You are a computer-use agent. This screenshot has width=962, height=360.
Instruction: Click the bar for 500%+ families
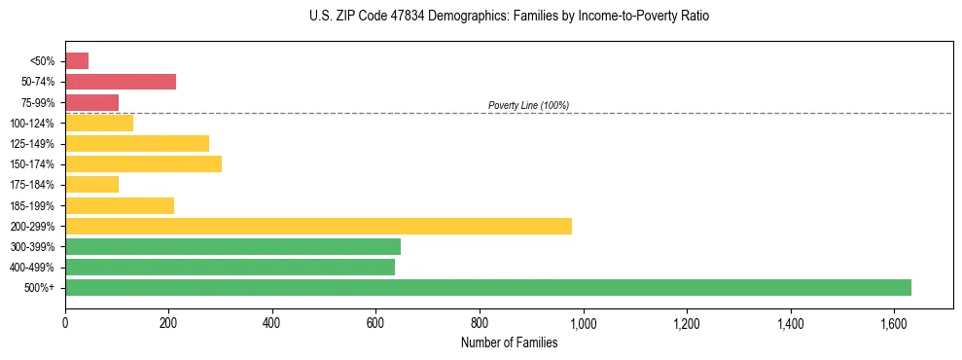pos(487,287)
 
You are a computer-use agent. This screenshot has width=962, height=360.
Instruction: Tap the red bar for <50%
pos(77,61)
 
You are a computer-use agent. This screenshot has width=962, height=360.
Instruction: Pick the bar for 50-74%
pos(121,82)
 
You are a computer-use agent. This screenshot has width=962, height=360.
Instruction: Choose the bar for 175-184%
pos(91,184)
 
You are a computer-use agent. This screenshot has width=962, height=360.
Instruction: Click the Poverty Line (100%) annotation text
pos(528,105)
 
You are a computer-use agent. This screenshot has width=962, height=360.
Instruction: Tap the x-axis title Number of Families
pos(509,342)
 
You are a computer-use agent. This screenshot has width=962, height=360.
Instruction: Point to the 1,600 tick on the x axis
pos(894,322)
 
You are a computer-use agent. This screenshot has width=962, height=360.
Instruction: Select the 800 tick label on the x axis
pos(480,322)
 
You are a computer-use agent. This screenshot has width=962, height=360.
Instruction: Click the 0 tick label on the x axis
pos(65,322)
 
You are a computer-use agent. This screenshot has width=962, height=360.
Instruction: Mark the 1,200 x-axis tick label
pos(687,322)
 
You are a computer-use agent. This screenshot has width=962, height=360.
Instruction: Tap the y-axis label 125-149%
pos(32,144)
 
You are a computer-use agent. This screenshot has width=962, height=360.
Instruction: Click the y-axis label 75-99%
pos(37,103)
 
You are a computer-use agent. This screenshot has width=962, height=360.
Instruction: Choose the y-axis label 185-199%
pos(32,205)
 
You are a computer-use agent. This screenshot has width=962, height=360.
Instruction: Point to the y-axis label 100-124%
pos(32,124)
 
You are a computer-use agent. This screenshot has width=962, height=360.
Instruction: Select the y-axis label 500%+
pos(40,288)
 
